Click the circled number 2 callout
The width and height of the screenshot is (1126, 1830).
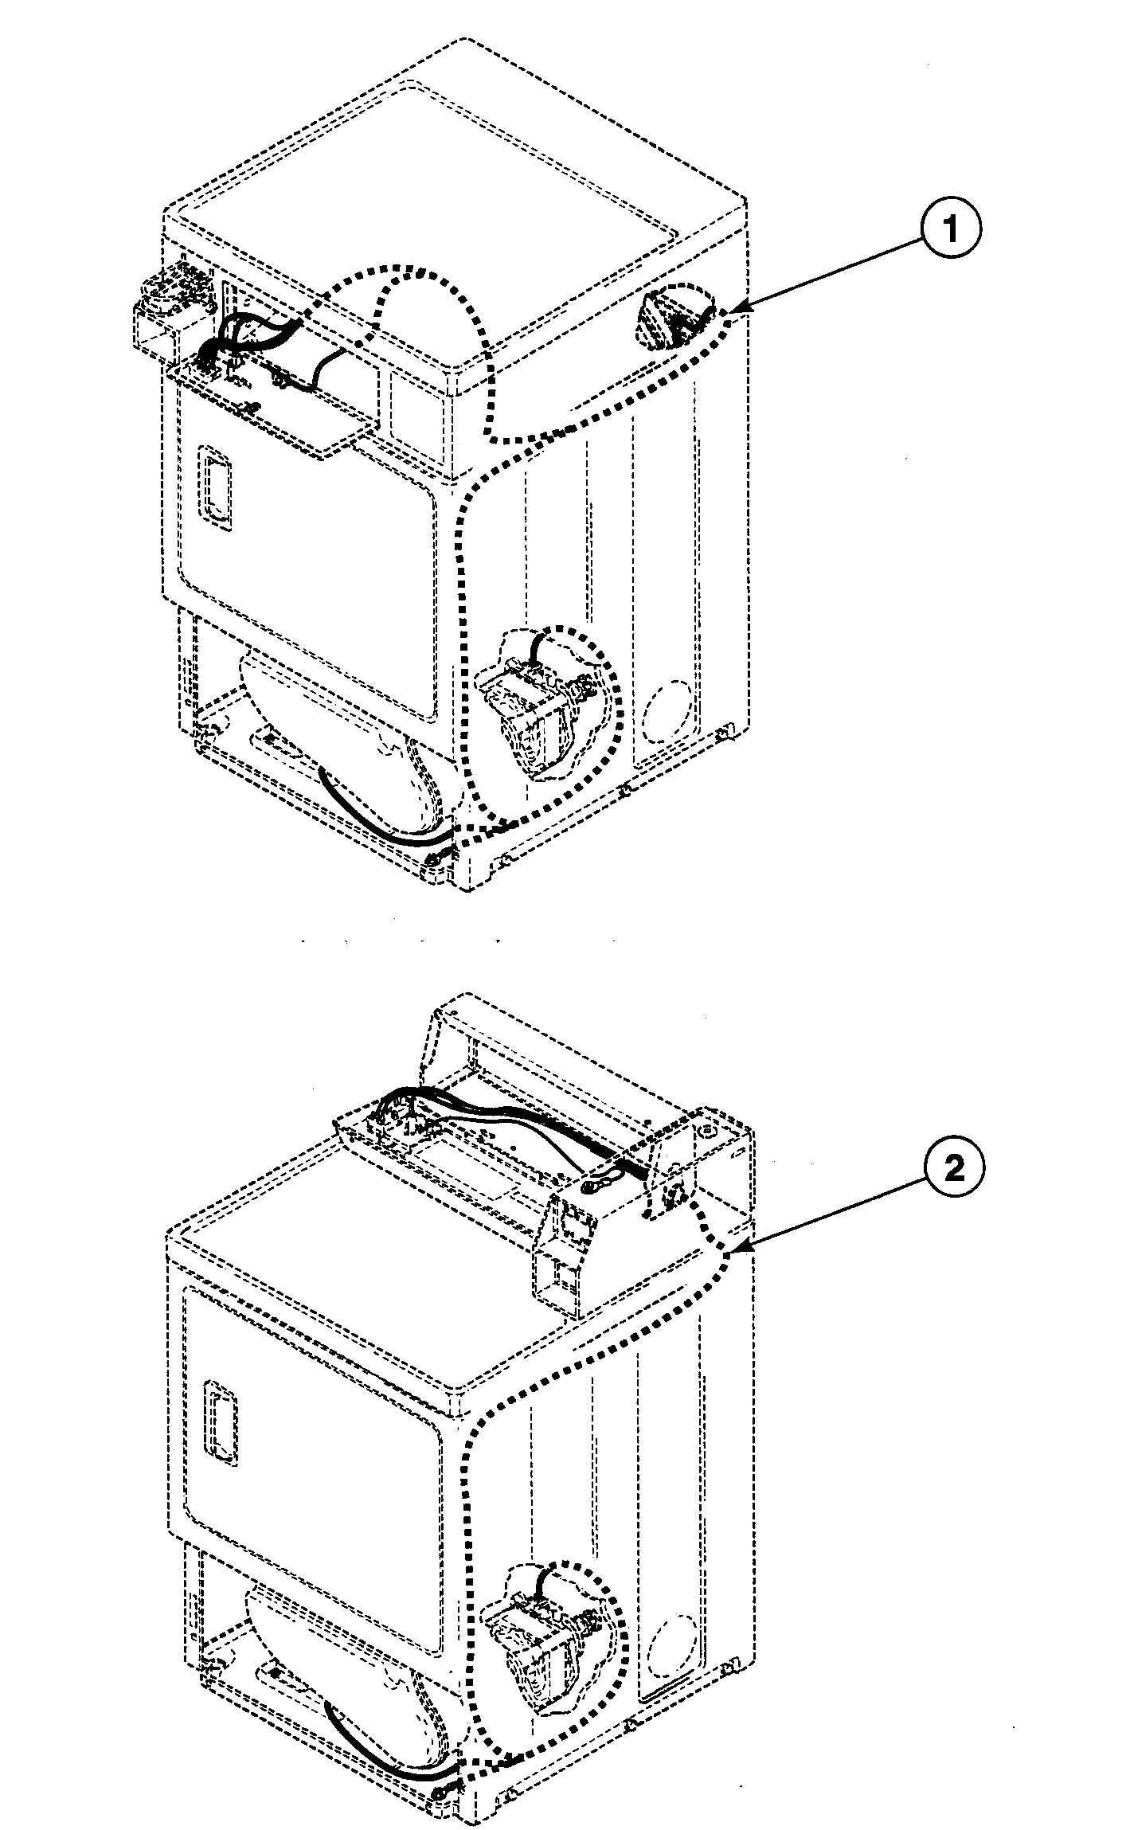tap(953, 1168)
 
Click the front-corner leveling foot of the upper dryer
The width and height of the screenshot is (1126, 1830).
tap(435, 859)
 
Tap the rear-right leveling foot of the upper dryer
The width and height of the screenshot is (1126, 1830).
tap(723, 730)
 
